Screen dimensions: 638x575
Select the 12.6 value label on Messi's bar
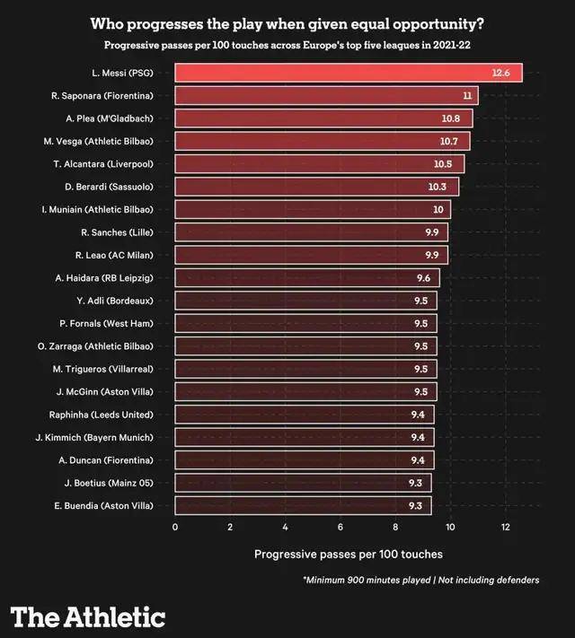[500, 73]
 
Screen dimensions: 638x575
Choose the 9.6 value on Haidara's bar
[423, 277]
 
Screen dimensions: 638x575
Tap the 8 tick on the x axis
[395, 527]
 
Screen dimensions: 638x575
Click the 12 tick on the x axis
[506, 527]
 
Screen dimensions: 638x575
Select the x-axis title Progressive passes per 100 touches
[348, 554]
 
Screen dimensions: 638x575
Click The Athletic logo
[88, 616]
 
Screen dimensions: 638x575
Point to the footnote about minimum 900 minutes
[421, 580]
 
